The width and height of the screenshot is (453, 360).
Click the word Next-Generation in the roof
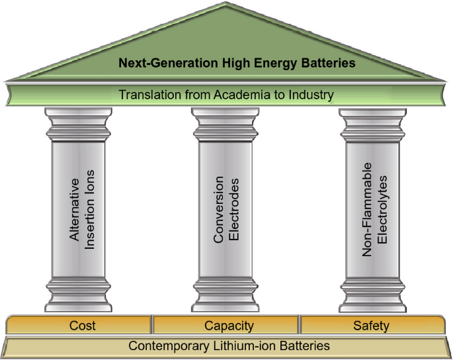click(168, 63)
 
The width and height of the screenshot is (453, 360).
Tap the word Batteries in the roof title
click(328, 63)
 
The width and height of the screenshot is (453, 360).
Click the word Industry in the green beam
click(311, 95)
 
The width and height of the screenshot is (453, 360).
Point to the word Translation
click(150, 95)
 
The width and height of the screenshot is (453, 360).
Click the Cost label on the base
click(83, 326)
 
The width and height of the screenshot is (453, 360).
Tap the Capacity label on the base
click(229, 326)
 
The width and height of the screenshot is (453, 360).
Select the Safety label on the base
click(371, 326)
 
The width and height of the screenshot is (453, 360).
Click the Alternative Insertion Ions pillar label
click(82, 210)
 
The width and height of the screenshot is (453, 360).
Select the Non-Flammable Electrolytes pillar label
click(374, 210)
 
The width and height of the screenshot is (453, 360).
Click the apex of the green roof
click(226, 2)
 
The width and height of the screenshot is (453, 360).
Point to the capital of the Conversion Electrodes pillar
click(226, 124)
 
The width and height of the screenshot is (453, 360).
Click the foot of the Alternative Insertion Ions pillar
click(78, 294)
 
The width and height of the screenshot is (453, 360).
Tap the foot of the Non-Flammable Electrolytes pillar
click(373, 295)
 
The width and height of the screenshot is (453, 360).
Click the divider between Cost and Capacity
click(152, 324)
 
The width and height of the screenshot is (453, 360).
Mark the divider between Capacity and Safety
click(300, 324)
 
